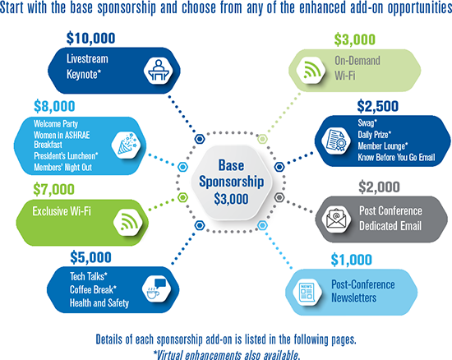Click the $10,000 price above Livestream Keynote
point(90,39)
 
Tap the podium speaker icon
point(158,70)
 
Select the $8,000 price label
point(54,106)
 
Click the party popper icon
point(127,145)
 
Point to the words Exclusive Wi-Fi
point(62,211)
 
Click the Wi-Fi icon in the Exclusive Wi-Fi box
point(128,222)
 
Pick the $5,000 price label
point(90,257)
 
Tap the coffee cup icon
point(156,290)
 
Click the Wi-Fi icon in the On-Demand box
point(311,70)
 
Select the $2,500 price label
point(378,106)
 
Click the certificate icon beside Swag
point(335,141)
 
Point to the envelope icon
point(336,219)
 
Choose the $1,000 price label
point(351,260)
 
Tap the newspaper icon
point(307,293)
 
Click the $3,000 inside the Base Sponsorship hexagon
point(231,199)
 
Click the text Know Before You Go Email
point(396,157)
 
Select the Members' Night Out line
point(62,168)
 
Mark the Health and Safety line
point(99,303)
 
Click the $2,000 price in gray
point(379,187)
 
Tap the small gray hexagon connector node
point(279,197)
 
